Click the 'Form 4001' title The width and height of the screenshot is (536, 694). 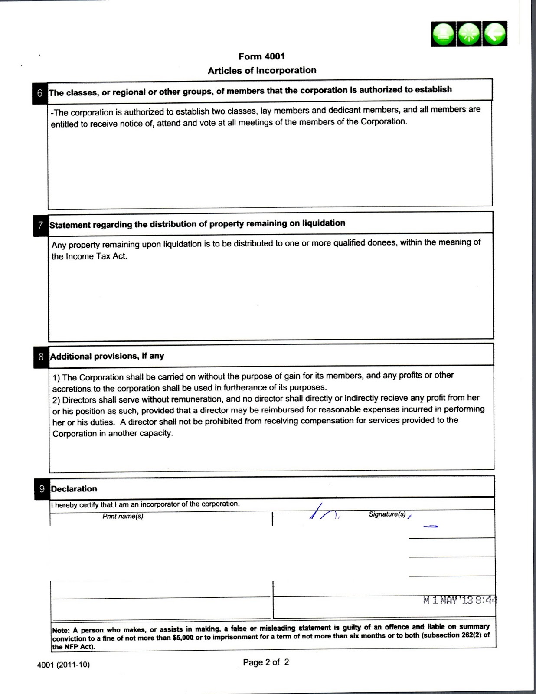(x=261, y=56)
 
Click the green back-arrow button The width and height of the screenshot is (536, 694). (x=494, y=34)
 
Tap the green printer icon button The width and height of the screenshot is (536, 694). (x=443, y=34)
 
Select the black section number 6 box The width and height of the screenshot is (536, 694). (x=39, y=93)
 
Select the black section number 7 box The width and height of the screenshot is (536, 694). (x=40, y=225)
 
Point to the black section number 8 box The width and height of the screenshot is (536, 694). (x=41, y=357)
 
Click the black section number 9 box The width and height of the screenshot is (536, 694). (x=42, y=489)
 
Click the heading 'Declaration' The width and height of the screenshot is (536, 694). (x=74, y=489)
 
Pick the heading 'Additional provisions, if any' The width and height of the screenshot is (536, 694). (x=107, y=357)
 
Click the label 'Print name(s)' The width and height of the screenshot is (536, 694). (x=123, y=516)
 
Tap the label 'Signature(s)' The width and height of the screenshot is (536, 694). (x=387, y=514)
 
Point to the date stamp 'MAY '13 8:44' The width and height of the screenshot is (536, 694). (x=460, y=600)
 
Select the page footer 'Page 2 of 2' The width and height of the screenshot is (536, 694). (x=266, y=662)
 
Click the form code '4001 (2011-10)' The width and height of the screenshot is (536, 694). (x=64, y=665)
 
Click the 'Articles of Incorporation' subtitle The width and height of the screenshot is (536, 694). (x=262, y=70)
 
